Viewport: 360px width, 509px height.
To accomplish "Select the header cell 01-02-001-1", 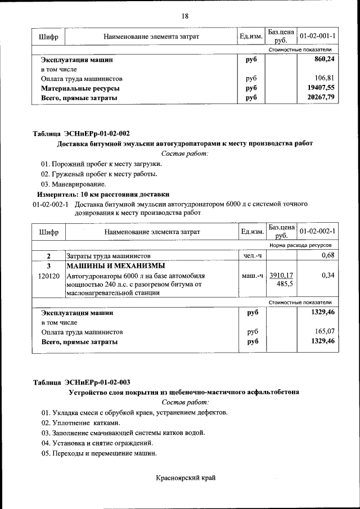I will coord(318,37).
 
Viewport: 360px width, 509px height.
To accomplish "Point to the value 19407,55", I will coord(322,88).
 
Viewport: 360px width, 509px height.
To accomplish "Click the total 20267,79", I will coord(322,98).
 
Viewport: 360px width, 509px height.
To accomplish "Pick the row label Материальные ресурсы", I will coord(80,88).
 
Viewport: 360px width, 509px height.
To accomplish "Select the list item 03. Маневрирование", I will coord(73,184).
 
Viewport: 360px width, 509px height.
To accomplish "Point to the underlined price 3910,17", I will coord(281,276).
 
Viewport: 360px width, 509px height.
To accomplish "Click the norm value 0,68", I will coord(328,256).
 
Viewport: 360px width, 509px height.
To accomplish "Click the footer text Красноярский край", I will coord(186,478).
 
